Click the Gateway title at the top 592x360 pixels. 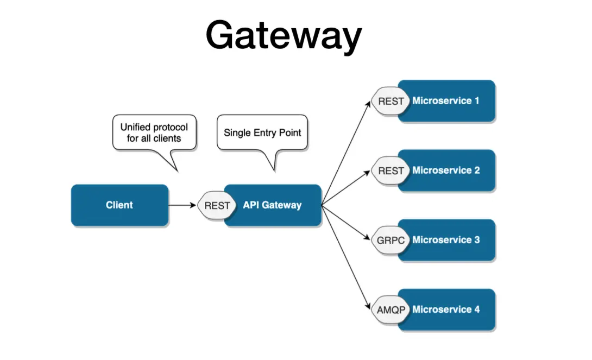pyautogui.click(x=284, y=35)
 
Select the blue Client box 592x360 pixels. pyautogui.click(x=119, y=205)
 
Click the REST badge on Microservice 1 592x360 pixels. pyautogui.click(x=391, y=101)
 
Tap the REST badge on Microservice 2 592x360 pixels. pyautogui.click(x=391, y=170)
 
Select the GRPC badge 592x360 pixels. pyautogui.click(x=391, y=240)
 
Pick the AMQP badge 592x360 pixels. pyautogui.click(x=391, y=310)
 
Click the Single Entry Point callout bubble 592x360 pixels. pyautogui.click(x=262, y=132)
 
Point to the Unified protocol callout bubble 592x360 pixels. pyautogui.click(x=154, y=132)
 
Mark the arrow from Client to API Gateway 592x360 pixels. pyautogui.click(x=182, y=205)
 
